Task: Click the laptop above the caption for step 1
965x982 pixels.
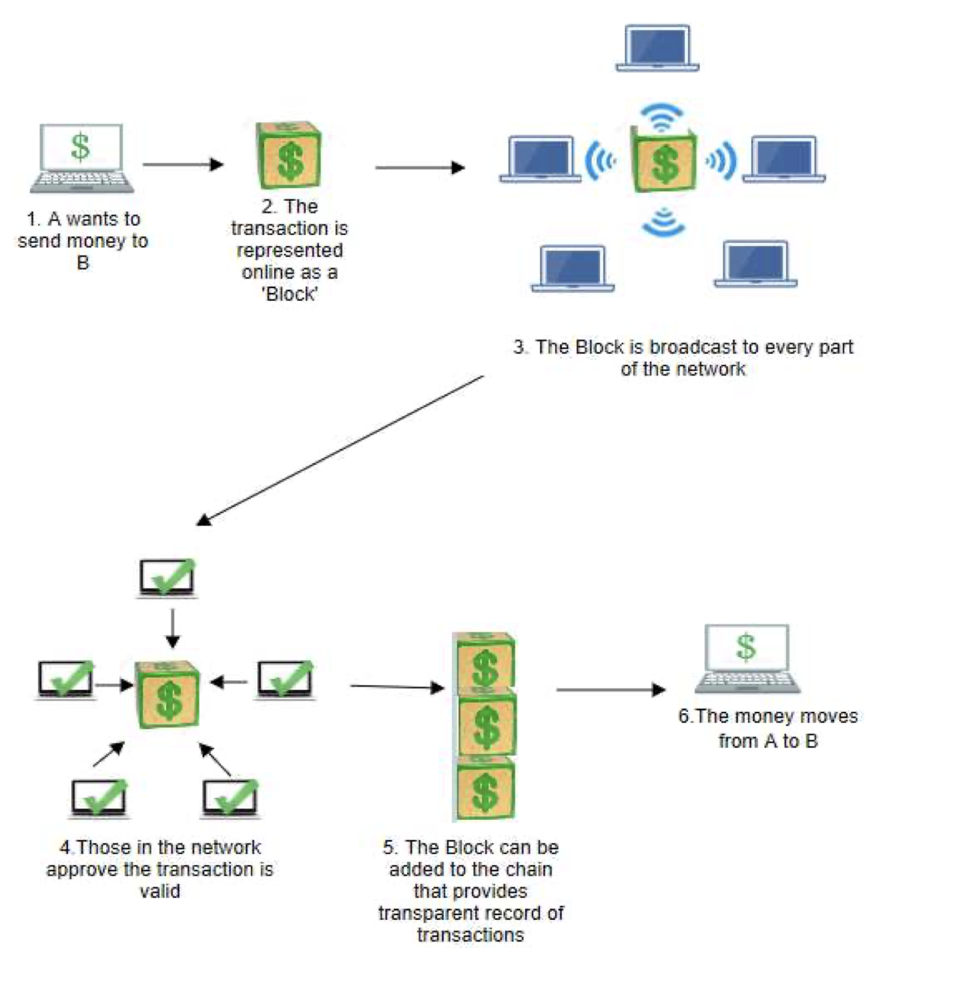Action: pos(81,158)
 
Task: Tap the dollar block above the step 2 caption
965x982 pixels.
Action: pos(289,155)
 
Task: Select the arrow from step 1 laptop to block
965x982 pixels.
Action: pos(183,164)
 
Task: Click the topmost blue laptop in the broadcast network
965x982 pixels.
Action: pos(657,49)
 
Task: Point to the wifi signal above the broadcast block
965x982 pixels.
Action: pos(661,117)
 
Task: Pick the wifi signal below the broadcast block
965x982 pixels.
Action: pos(663,222)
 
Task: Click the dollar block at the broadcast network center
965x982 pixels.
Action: pos(663,160)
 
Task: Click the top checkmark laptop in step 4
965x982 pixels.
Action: pos(167,578)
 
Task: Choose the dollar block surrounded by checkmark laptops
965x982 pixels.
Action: pos(168,694)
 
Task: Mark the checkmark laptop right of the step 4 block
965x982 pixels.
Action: pos(286,680)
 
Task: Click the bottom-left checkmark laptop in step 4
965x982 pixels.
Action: pos(99,798)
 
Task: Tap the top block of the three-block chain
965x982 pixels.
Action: pos(485,662)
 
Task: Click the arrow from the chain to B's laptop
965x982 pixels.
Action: pos(610,690)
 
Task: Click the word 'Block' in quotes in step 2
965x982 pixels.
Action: pos(290,294)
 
